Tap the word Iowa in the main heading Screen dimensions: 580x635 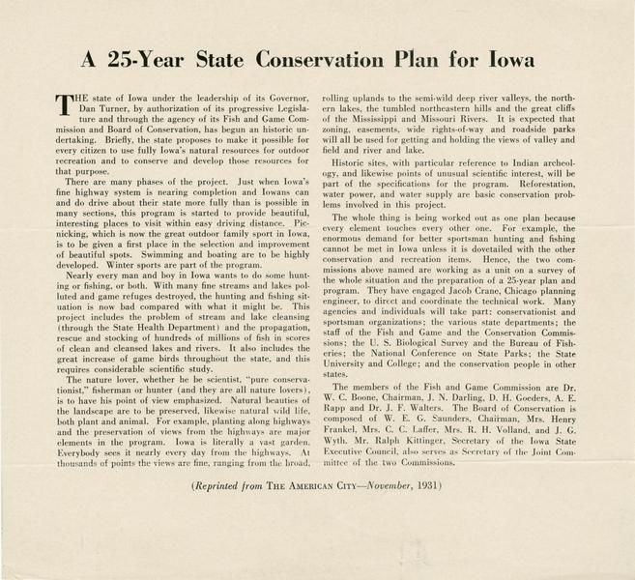point(527,58)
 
